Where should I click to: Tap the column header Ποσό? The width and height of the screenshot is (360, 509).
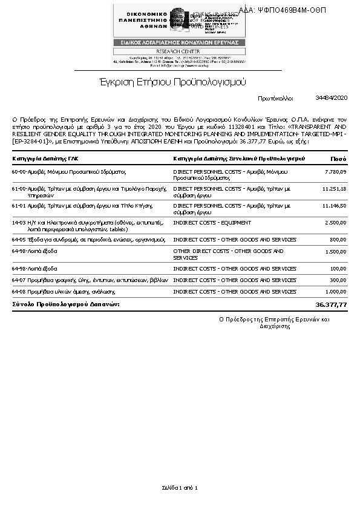pos(338,159)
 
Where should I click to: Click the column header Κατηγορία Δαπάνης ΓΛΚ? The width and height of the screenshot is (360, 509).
pos(45,159)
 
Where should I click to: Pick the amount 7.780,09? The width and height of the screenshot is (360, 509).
pos(335,172)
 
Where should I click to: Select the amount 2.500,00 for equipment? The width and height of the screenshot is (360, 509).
pos(335,223)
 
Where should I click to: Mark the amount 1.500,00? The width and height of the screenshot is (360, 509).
pos(335,251)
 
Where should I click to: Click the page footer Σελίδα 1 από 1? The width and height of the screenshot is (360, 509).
pos(180,488)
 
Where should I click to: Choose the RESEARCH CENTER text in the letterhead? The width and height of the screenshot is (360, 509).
pos(180,51)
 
